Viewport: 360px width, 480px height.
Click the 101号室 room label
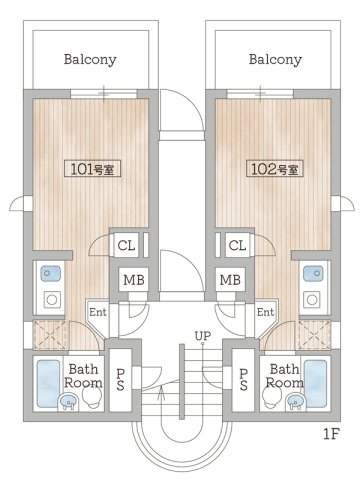pos(92,169)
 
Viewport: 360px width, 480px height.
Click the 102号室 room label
pos(274,169)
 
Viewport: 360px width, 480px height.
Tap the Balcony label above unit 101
pos(90,60)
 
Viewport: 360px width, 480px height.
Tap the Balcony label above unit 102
pos(275,60)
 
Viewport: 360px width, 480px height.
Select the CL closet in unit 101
pos(126,245)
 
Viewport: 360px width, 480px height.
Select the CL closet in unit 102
pos(237,245)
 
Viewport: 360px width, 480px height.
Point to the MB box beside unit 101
pos(134,279)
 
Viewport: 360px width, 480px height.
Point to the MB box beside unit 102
pos(230,279)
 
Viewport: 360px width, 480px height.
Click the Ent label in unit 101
pos(98,312)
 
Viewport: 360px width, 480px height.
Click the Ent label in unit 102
pos(265,312)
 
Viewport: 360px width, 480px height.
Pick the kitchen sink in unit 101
pos(51,273)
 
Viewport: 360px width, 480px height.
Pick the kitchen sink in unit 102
pos(313,273)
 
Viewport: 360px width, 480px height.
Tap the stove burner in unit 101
pos(52,300)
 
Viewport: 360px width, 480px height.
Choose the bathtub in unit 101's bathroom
pos(48,383)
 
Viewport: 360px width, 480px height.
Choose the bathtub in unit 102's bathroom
pos(315,383)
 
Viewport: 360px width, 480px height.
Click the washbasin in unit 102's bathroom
pos(295,401)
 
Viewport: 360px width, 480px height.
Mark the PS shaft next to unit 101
pos(120,380)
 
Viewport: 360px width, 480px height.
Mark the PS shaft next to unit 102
pos(243,380)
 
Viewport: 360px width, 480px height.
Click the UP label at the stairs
pos(203,336)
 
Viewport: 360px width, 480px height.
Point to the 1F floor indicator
pos(331,434)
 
